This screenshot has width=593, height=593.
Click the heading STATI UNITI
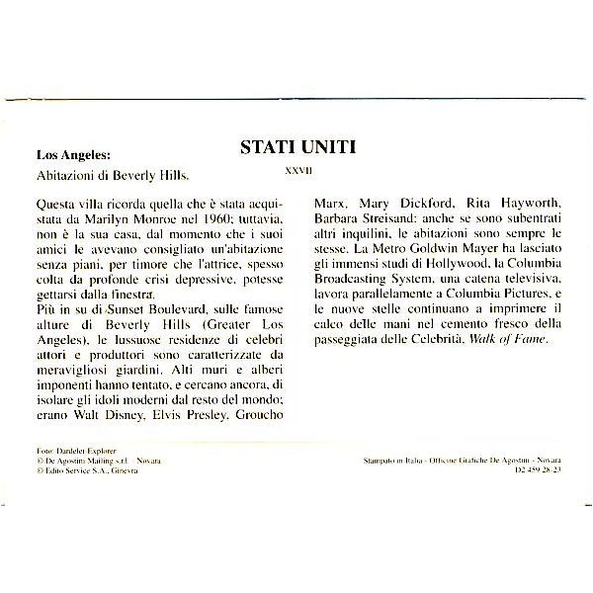coord(297,147)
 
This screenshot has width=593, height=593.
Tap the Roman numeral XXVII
coord(297,170)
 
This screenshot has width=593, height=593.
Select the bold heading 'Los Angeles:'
coord(74,155)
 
